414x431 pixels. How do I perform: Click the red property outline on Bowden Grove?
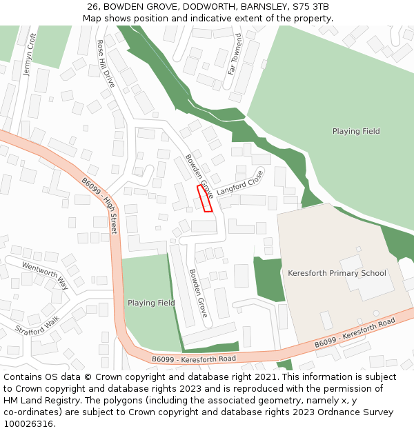(205, 198)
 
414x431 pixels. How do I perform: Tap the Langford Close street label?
(239, 183)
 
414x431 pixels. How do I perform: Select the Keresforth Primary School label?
(337, 273)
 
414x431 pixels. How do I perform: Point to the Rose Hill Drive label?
(106, 63)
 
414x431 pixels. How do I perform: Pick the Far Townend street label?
(235, 53)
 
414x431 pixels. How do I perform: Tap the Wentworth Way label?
(46, 275)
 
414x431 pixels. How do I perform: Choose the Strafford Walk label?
(38, 325)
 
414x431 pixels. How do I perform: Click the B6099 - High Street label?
(100, 206)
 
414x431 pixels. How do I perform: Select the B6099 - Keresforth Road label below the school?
(355, 333)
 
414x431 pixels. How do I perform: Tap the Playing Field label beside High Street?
(151, 303)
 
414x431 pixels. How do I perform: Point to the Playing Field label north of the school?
(356, 131)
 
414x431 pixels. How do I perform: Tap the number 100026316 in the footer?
(29, 423)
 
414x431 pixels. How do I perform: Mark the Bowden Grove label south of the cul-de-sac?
(198, 292)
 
